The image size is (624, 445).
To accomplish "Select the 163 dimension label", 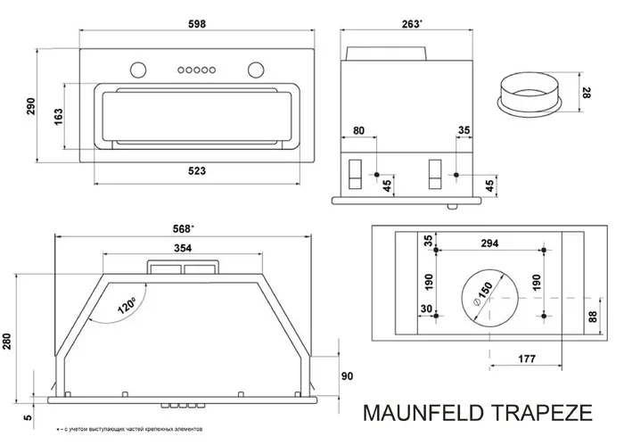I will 59,116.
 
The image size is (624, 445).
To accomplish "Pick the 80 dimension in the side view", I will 359,130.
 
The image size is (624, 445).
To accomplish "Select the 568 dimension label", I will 185,227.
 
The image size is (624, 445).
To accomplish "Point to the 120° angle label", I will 117,309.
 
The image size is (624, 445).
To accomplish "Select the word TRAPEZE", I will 544,414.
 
